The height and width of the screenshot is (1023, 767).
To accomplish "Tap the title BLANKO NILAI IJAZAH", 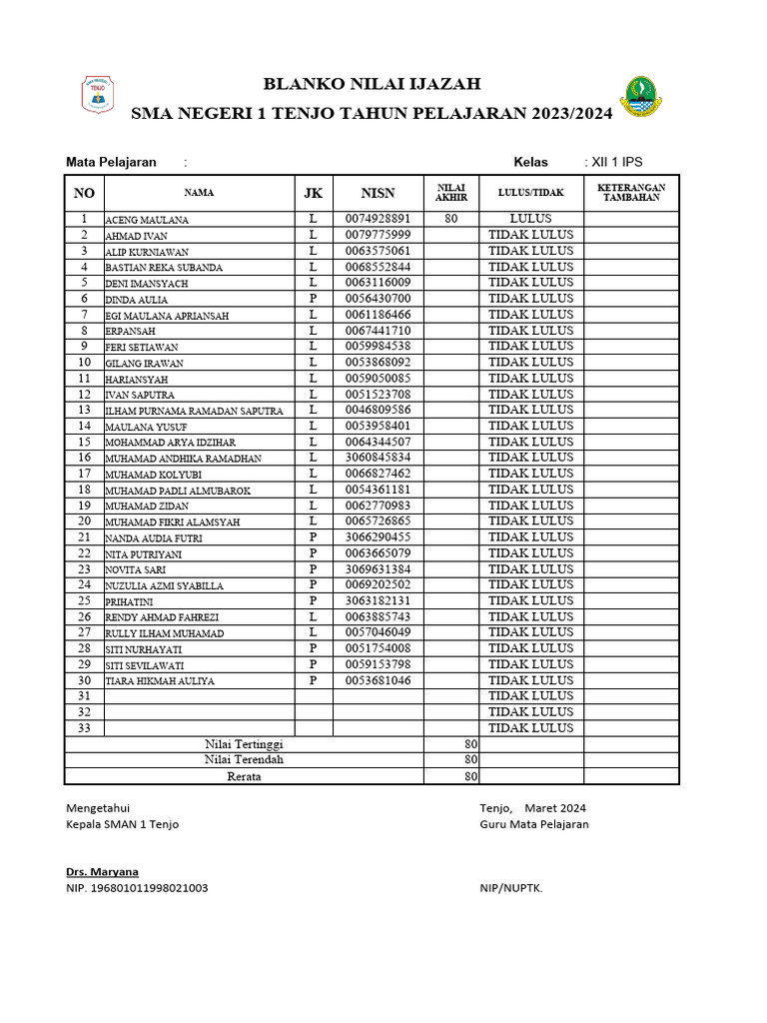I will pyautogui.click(x=372, y=84).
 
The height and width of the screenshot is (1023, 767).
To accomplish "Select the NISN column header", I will pyautogui.click(x=378, y=193).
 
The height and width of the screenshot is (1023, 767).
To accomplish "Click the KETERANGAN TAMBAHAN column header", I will pyautogui.click(x=631, y=193).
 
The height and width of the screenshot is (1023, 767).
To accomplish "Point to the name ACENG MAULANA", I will pyautogui.click(x=147, y=220).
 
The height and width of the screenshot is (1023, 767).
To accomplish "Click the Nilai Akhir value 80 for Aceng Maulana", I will pyautogui.click(x=451, y=219).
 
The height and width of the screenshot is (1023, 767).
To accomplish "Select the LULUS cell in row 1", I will pyautogui.click(x=530, y=219).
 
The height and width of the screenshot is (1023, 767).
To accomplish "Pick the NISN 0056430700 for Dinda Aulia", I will pyautogui.click(x=378, y=299).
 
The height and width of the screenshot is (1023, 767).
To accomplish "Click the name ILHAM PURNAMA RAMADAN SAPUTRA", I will pyautogui.click(x=194, y=411).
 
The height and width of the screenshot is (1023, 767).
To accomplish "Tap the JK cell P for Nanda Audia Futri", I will pyautogui.click(x=313, y=537).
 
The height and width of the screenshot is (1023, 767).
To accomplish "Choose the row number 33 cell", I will pyautogui.click(x=84, y=728).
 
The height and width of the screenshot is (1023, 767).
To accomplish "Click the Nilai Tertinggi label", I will pyautogui.click(x=244, y=744).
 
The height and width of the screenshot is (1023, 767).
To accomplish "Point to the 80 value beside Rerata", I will pyautogui.click(x=470, y=776).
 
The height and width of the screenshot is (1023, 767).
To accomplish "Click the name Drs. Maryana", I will pyautogui.click(x=102, y=872).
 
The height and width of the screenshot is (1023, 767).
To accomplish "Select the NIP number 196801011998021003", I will pyautogui.click(x=137, y=888).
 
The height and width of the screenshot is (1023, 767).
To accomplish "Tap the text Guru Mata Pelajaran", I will pyautogui.click(x=533, y=824).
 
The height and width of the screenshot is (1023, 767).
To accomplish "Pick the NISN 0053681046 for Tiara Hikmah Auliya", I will pyautogui.click(x=378, y=680).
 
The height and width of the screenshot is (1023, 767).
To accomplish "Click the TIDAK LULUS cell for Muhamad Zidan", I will pyautogui.click(x=530, y=506).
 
